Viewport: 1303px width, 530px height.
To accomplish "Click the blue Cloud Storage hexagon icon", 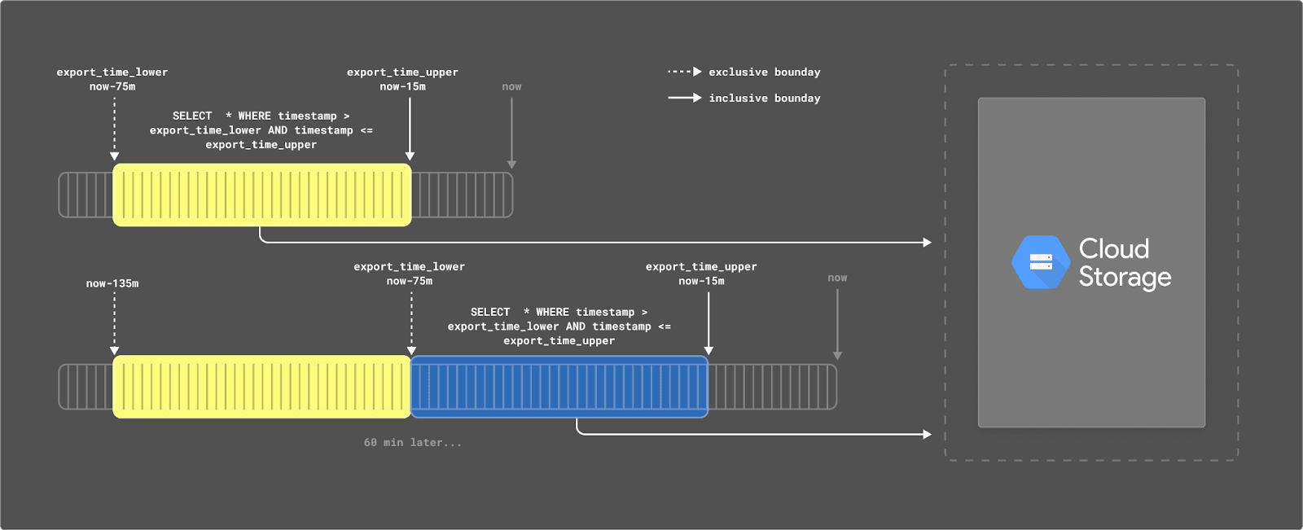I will tap(1040, 262).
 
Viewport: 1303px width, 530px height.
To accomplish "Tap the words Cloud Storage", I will tap(1125, 262).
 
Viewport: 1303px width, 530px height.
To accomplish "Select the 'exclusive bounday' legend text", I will tap(764, 72).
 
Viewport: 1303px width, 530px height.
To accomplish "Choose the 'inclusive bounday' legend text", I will tap(764, 99).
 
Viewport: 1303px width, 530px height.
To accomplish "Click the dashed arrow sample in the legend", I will tap(684, 72).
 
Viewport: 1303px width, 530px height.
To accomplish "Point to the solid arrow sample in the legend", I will tap(684, 98).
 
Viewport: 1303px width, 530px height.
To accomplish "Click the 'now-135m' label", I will tap(112, 284).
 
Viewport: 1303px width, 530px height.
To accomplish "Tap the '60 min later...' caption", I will tap(412, 443).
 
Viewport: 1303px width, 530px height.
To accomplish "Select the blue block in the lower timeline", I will tap(559, 387).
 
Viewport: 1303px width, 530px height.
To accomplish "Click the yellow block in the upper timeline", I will tap(261, 195).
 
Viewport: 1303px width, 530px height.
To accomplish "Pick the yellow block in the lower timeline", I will tap(261, 387).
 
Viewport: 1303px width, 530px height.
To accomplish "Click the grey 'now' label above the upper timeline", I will tap(511, 87).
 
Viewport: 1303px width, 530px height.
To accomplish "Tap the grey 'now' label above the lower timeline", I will tap(837, 278).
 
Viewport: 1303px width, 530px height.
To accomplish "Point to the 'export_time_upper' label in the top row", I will tap(402, 72).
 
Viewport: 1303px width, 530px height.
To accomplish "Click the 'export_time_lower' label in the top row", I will tap(112, 72).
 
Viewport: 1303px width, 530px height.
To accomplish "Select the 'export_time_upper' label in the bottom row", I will tap(701, 267).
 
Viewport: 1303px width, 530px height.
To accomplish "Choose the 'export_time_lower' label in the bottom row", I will tap(409, 267).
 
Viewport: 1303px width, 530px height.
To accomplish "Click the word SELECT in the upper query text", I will tap(192, 116).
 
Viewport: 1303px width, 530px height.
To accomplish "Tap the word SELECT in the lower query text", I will tap(490, 313).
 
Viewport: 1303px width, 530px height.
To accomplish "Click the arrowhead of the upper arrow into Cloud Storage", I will tap(927, 243).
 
